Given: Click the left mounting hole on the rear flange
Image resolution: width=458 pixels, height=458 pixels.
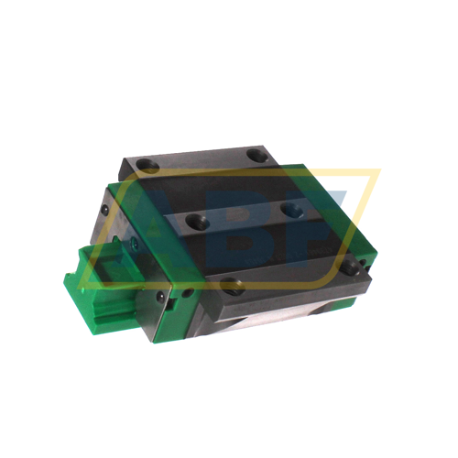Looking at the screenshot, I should (144, 166).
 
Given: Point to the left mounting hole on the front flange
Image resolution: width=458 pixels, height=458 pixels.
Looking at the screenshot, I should (230, 285).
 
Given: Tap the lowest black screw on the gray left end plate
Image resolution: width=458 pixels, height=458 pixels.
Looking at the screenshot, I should (161, 297).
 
